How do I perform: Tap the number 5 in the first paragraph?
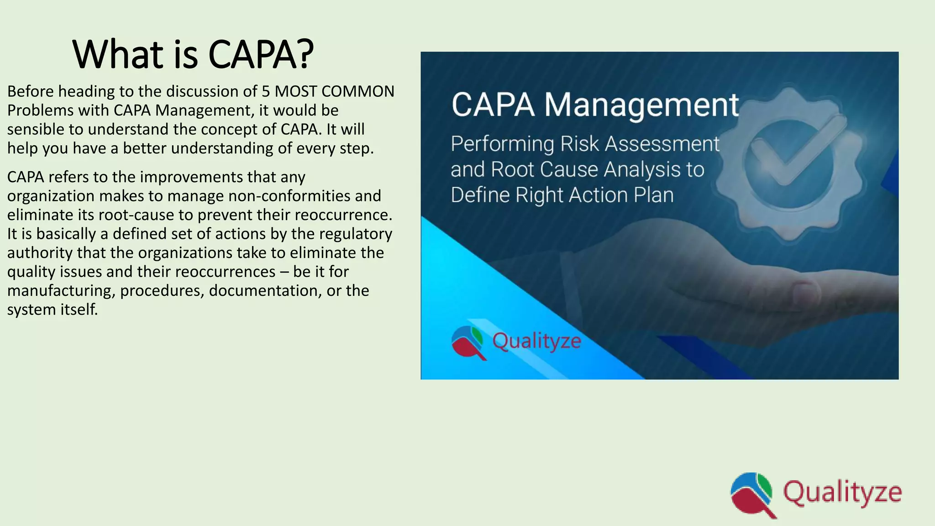click(x=265, y=91)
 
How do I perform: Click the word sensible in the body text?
click(x=36, y=129)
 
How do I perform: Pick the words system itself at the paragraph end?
click(x=53, y=310)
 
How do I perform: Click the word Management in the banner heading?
click(x=641, y=105)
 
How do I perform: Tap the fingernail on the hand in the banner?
click(x=806, y=292)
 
